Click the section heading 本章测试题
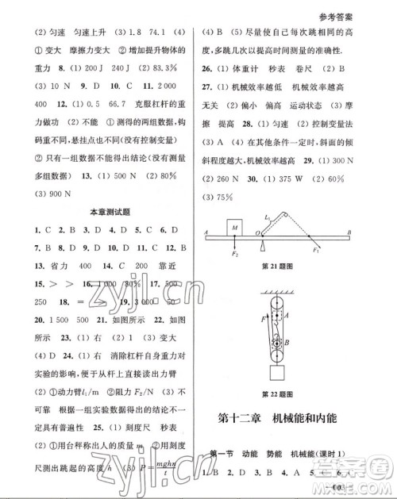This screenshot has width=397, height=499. click(x=110, y=213)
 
